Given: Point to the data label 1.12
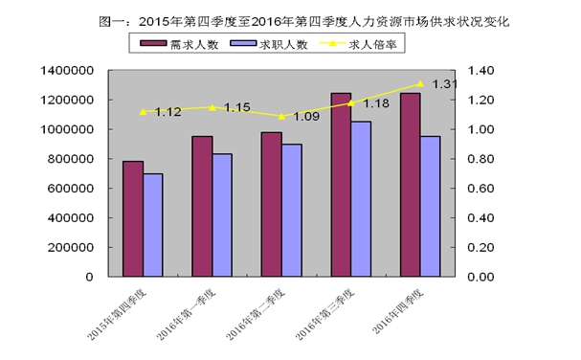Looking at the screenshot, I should [x=168, y=112].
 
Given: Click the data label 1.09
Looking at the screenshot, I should [x=307, y=117].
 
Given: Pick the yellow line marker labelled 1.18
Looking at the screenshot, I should [x=350, y=102].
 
